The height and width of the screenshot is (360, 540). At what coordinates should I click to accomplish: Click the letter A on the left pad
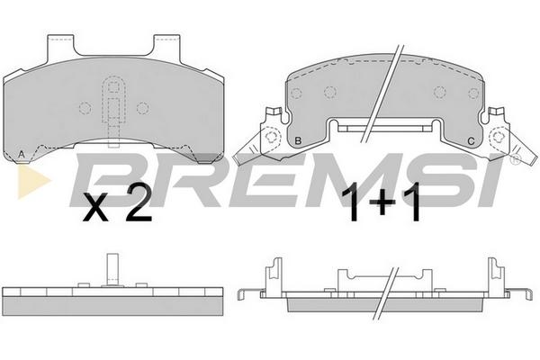point(22,154)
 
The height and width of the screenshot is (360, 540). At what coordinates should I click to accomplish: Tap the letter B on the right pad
point(298,140)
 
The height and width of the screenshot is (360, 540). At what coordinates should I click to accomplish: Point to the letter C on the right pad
point(471,141)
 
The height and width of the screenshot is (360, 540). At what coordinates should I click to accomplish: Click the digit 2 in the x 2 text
point(139,202)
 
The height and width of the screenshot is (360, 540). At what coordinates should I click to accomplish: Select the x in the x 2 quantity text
point(95,207)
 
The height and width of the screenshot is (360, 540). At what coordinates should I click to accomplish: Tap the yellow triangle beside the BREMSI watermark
point(33,180)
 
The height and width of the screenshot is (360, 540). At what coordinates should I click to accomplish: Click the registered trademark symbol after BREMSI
point(515,159)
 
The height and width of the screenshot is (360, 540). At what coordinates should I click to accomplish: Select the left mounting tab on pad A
point(60,45)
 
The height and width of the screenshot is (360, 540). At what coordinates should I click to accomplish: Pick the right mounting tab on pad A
point(167,45)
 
